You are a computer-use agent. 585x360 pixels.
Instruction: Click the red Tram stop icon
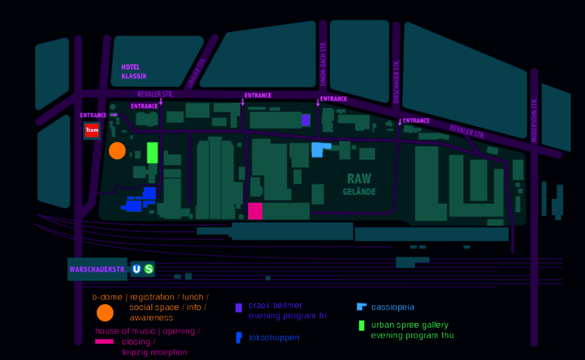92,130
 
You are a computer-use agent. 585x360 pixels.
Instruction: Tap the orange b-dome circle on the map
117,151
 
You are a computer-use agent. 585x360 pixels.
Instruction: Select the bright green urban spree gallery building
152,153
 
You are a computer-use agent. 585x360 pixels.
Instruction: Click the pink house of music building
255,211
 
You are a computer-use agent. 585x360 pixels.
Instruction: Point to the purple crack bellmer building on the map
305,120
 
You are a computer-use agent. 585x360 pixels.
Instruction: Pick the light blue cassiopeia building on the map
318,150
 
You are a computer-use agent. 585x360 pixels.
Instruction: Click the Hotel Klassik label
134,71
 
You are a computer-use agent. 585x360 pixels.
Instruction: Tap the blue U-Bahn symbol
136,269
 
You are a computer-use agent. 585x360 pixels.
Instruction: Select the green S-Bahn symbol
149,269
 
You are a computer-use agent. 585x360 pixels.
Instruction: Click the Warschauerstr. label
98,270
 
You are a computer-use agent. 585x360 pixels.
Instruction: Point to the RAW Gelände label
359,184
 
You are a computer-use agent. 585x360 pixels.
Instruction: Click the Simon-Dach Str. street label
323,63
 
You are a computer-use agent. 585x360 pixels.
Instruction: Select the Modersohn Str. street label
534,120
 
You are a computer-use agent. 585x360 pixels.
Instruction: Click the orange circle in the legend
105,313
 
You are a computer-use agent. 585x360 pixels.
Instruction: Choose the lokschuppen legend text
274,338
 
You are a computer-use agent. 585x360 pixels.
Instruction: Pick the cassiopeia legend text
393,307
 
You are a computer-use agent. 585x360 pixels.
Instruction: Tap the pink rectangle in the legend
104,342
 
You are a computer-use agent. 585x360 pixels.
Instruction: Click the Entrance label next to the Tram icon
93,115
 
